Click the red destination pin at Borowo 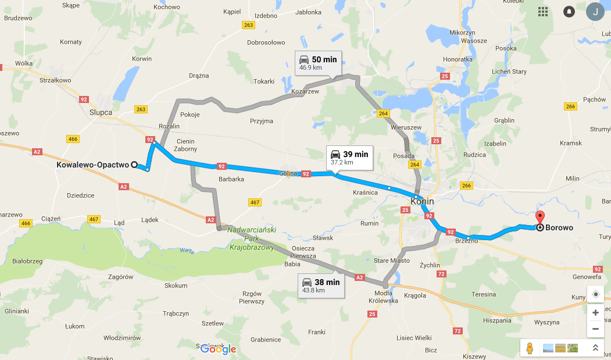coord(539,219)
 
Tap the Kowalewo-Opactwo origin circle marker coord(134,165)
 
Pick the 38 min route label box coord(320,286)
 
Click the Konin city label coord(422,201)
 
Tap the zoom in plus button coord(595,313)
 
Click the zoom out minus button coord(595,329)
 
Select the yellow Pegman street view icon coord(529,348)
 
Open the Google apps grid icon coord(543,12)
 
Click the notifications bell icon coord(569,12)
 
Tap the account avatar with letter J coord(595,12)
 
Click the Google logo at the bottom coord(219,349)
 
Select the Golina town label coord(288,173)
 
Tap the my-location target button coord(595,294)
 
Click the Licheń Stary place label coord(509,72)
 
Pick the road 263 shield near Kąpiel coord(249,25)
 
